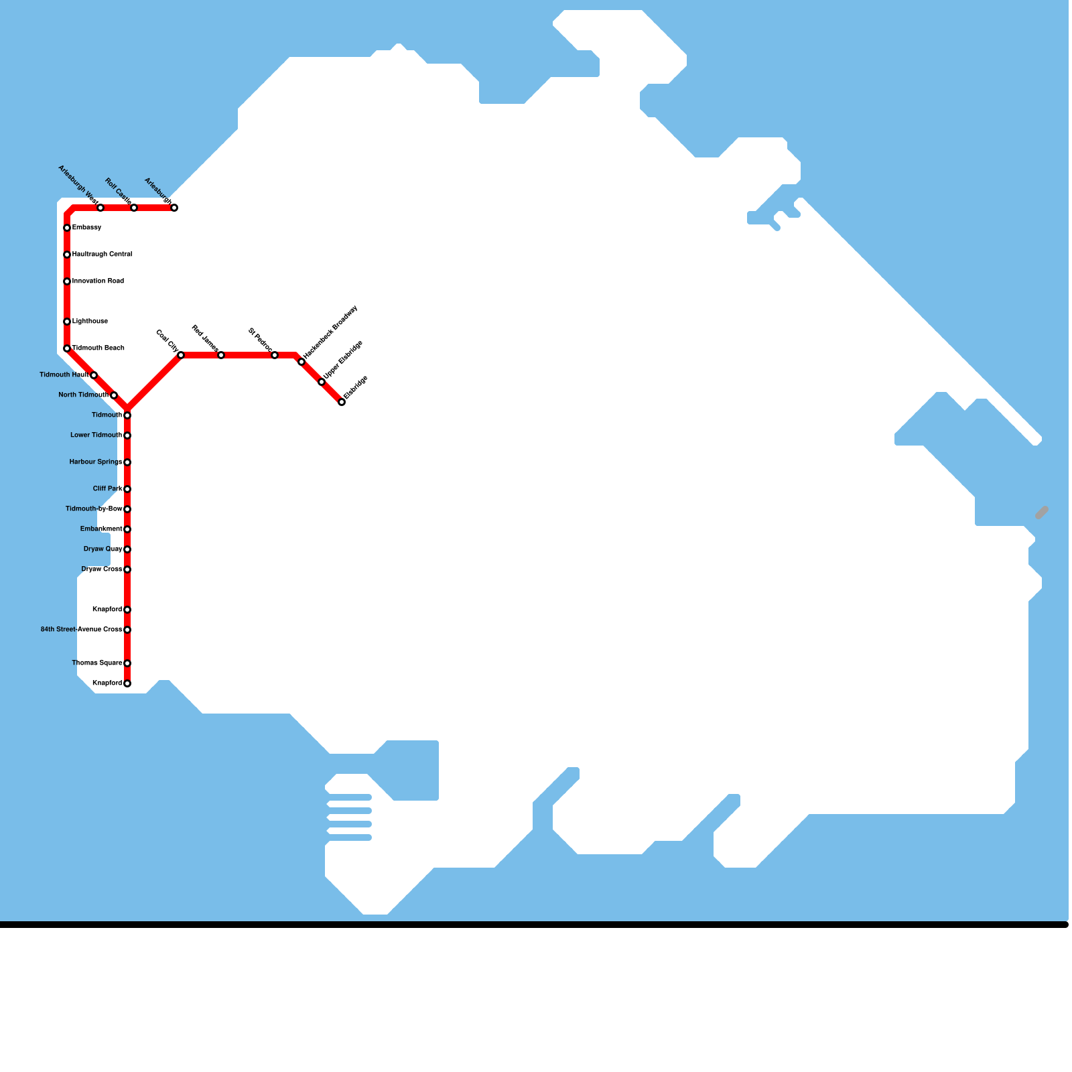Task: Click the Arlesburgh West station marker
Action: (100, 208)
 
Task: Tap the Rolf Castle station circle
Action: (134, 208)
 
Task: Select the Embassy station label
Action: (87, 228)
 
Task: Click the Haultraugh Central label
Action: (102, 255)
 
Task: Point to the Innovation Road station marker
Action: (67, 281)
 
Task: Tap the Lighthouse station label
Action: (90, 322)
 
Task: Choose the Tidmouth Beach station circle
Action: (67, 348)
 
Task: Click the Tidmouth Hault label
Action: (64, 375)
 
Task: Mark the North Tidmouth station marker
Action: (114, 395)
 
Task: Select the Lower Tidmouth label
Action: (96, 435)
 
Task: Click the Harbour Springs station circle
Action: (127, 462)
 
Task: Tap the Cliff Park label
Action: (107, 489)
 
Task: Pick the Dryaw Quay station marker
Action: (127, 549)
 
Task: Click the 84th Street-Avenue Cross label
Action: (81, 630)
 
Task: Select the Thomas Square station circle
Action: (127, 663)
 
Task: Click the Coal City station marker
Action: (181, 355)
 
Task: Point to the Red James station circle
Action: (221, 355)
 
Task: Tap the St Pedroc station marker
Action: (275, 355)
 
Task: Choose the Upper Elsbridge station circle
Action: (322, 382)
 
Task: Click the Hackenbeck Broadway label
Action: (330, 331)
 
